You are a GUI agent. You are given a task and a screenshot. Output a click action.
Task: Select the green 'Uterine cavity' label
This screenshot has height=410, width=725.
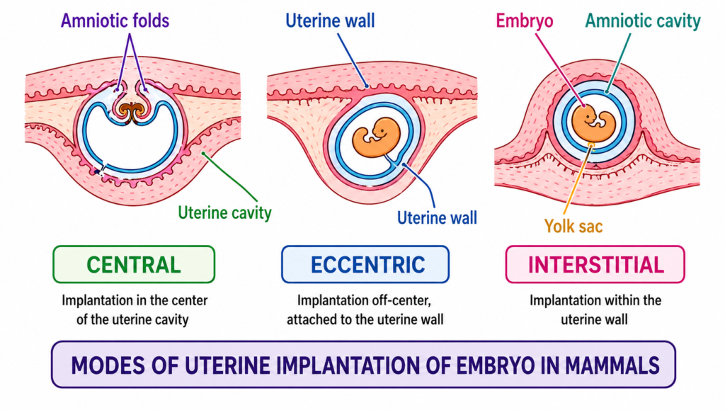click(224, 212)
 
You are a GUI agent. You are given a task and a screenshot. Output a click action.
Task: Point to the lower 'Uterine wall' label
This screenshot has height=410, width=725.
click(436, 217)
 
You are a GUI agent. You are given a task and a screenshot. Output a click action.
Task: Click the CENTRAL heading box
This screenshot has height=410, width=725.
click(133, 264)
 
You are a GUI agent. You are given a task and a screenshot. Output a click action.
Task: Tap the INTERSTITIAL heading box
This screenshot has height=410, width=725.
click(595, 264)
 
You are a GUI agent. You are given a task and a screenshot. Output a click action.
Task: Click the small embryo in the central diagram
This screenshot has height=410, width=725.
click(133, 110)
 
